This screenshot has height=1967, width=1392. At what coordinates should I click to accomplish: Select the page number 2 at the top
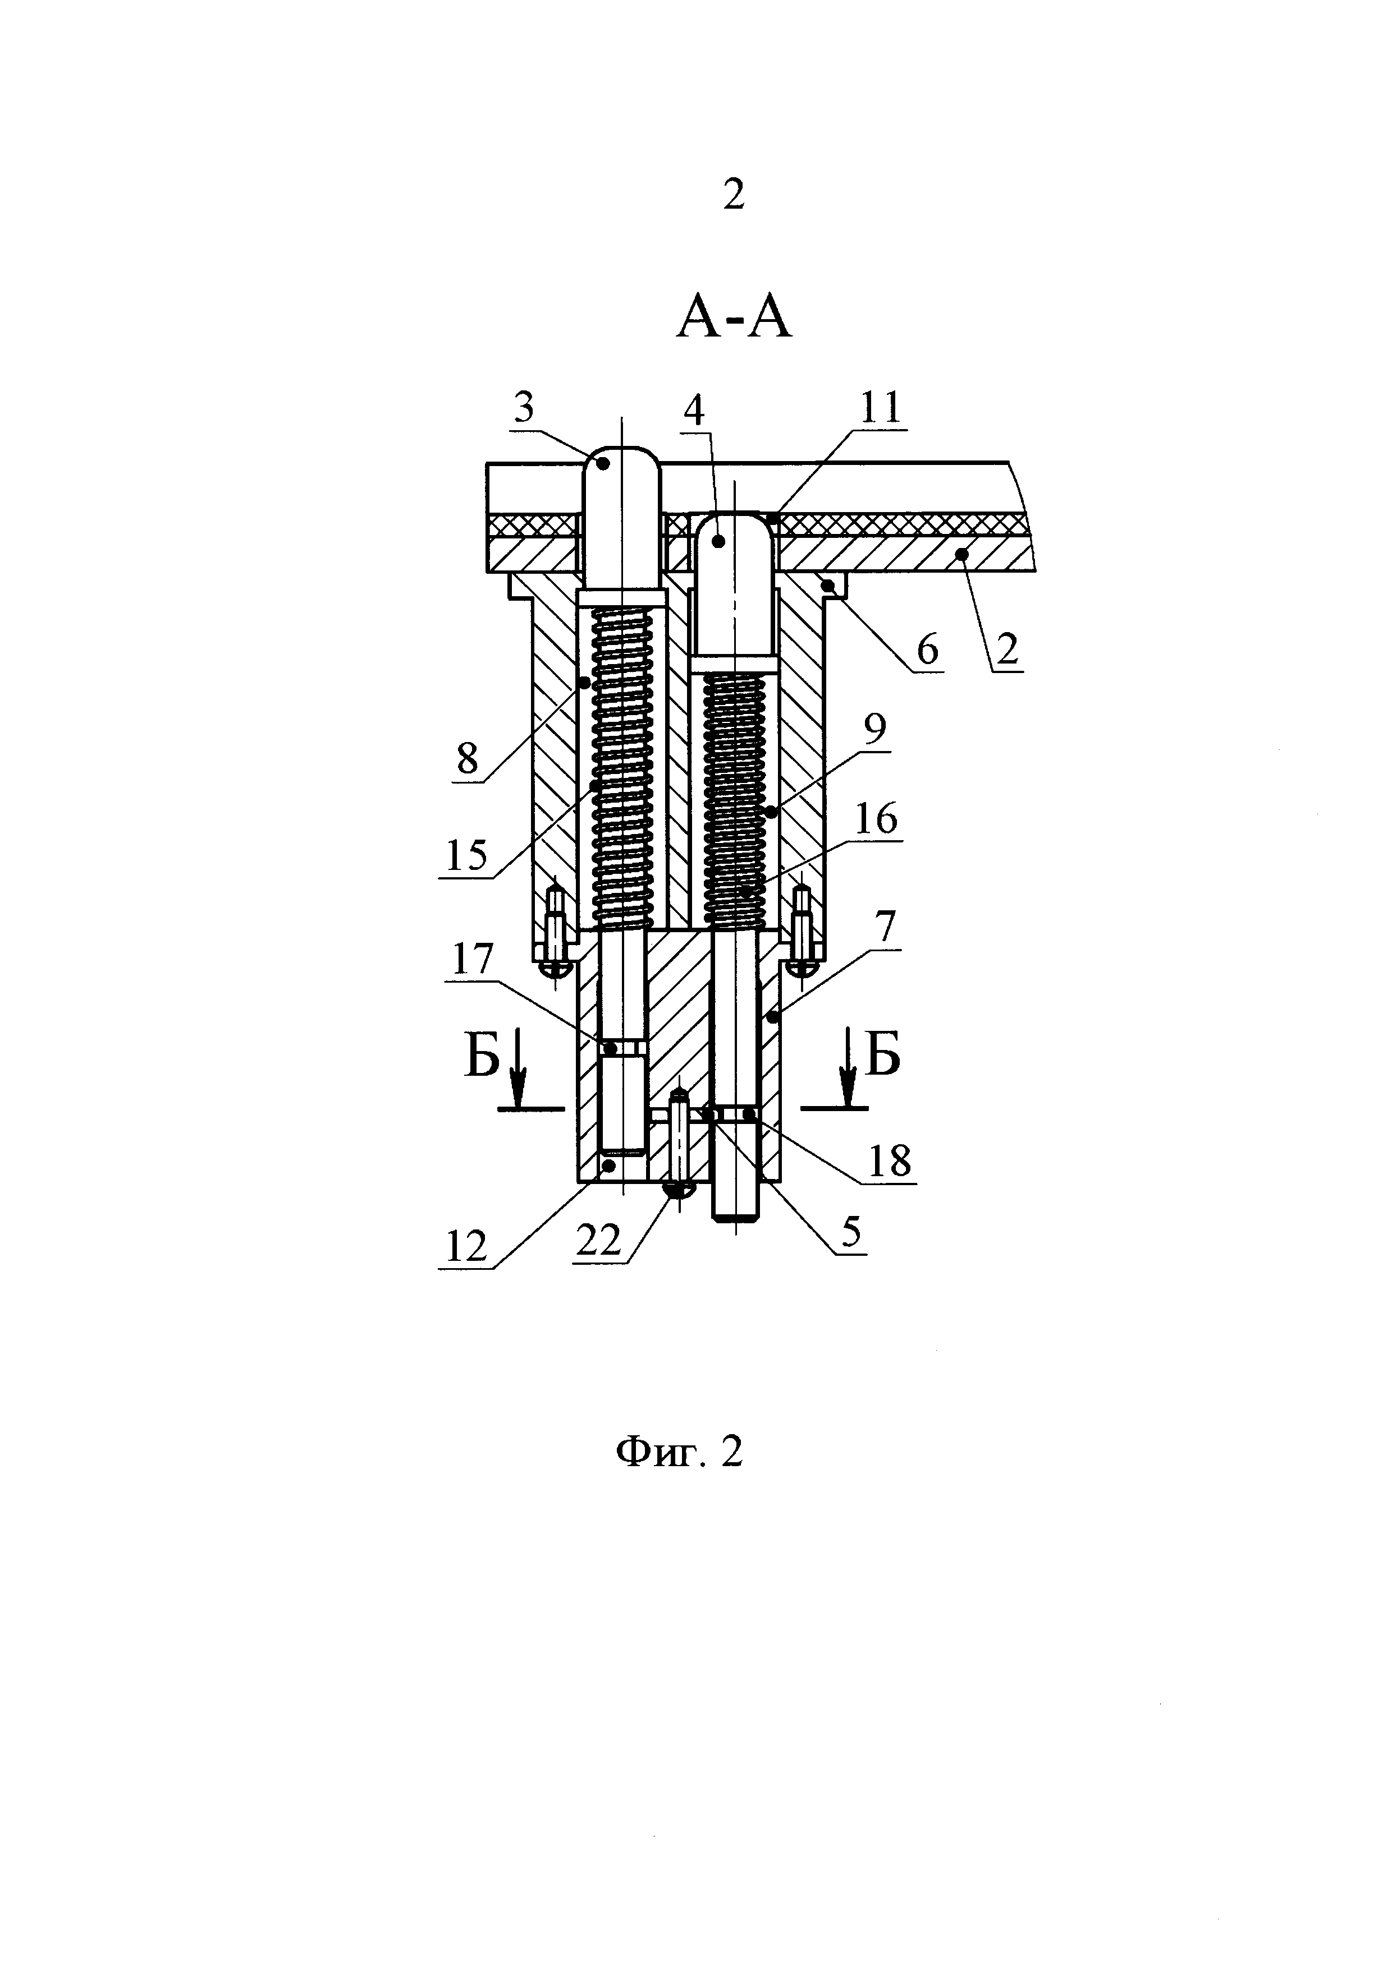[734, 195]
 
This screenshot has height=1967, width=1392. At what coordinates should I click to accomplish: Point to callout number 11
[881, 407]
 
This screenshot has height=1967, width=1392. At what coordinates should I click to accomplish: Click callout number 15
[466, 855]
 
